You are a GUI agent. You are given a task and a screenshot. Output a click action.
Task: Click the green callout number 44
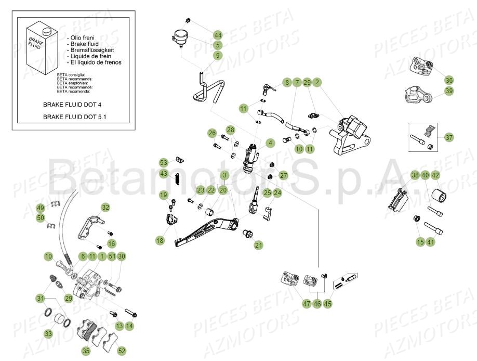[x=218, y=35]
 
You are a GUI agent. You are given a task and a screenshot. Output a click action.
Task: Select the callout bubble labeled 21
[x=259, y=244]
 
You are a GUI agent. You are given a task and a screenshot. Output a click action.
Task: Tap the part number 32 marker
[x=105, y=208]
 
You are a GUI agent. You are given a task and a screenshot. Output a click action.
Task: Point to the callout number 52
[x=122, y=351]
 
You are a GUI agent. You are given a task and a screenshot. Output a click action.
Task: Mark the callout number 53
[x=163, y=162]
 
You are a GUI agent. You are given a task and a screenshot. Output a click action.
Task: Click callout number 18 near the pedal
[x=160, y=240]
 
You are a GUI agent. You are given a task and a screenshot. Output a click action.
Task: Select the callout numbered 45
[x=328, y=303]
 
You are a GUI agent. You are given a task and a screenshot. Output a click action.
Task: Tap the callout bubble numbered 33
[x=48, y=333]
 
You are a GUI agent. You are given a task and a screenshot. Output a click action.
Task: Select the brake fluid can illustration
[x=38, y=44]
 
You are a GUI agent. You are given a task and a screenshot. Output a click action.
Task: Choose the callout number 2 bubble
[x=317, y=82]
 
